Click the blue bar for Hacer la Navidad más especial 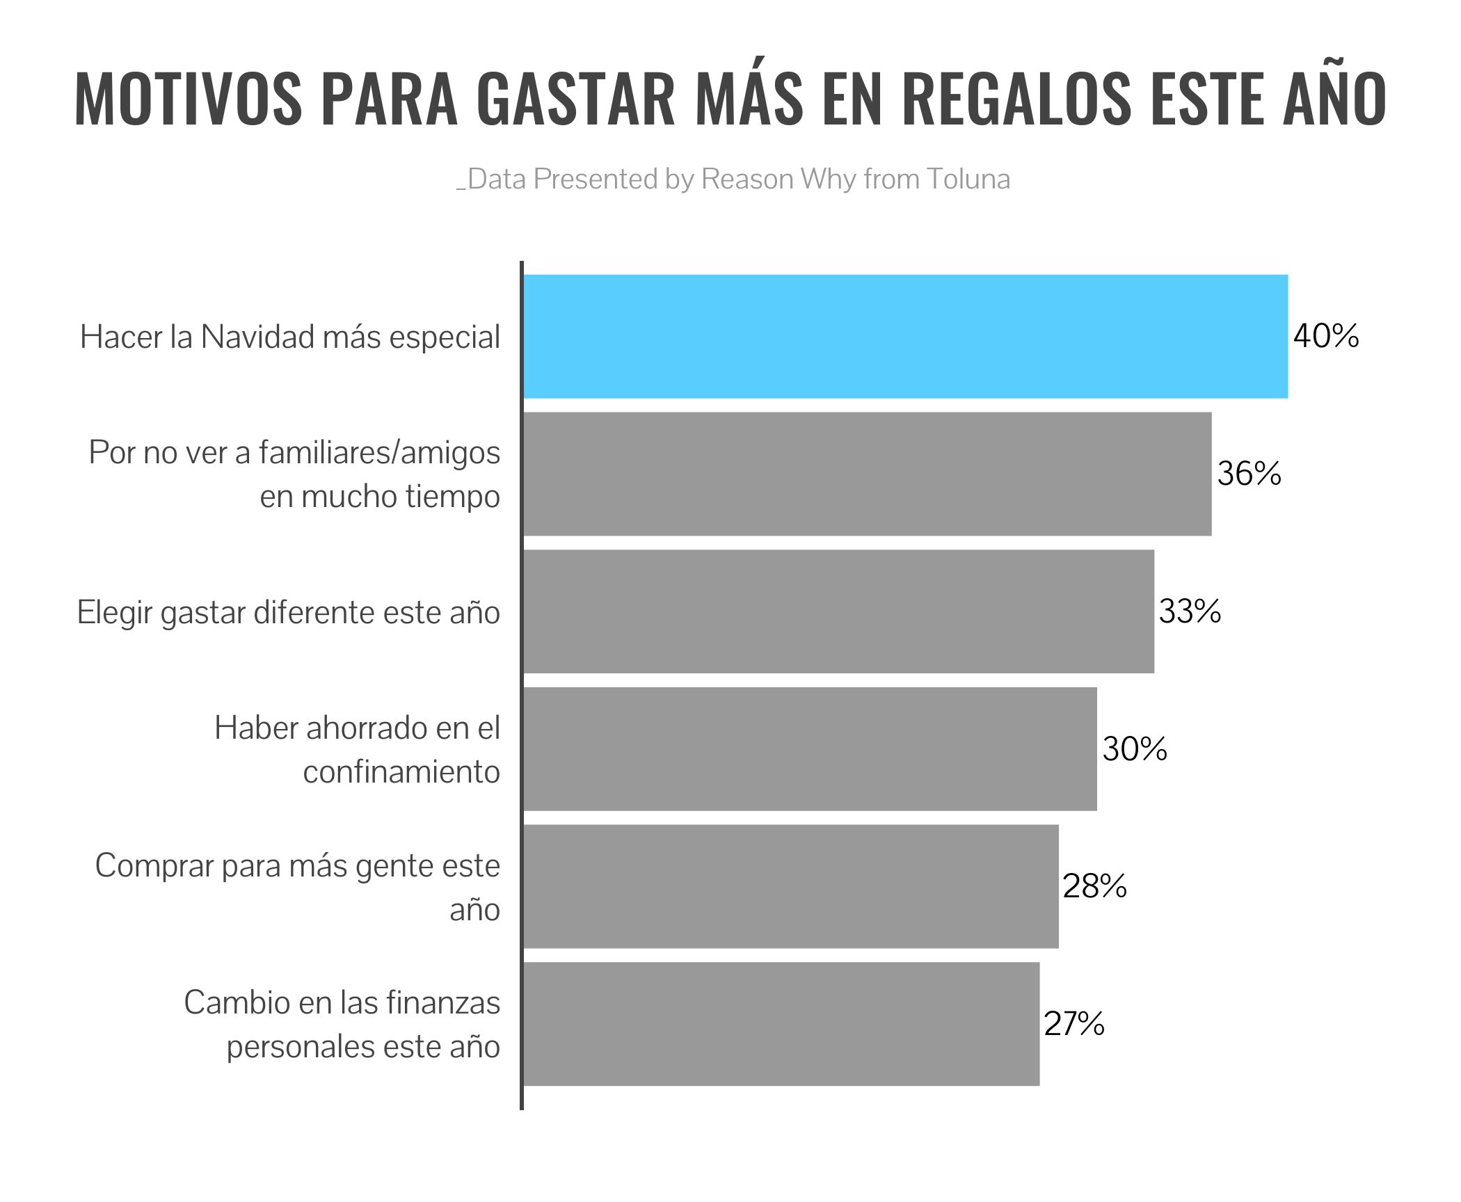click(x=904, y=337)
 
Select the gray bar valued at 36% click(x=866, y=474)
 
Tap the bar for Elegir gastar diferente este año click(x=838, y=611)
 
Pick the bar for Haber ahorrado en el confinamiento click(x=809, y=749)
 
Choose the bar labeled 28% click(x=790, y=886)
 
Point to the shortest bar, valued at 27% click(x=781, y=1024)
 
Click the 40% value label click(x=1326, y=337)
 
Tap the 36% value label click(x=1249, y=474)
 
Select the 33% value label click(x=1190, y=612)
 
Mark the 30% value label click(x=1135, y=749)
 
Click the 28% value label click(x=1094, y=886)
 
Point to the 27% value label click(x=1074, y=1024)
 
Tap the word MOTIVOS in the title click(x=188, y=99)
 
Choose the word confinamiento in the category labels click(x=401, y=772)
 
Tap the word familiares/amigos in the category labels click(x=379, y=454)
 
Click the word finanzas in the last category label click(x=443, y=1003)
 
